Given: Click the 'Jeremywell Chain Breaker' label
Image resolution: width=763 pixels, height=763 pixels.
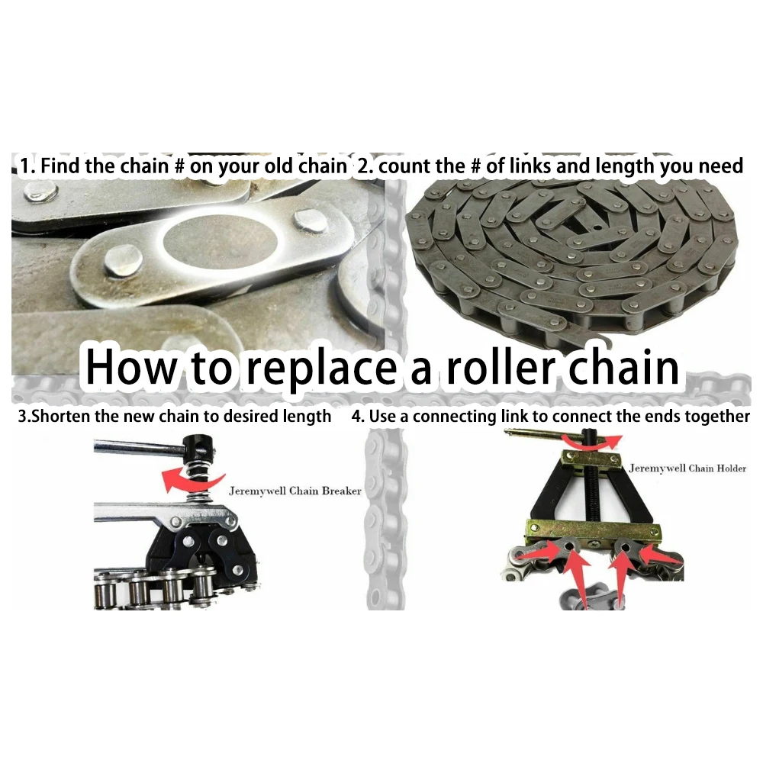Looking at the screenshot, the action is point(295,491).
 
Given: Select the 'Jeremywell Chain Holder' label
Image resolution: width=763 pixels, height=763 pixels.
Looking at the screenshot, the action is point(687,468).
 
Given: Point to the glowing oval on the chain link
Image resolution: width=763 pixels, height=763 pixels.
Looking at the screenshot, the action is point(220,242).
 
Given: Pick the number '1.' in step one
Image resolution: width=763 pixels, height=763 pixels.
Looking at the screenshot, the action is point(27,166).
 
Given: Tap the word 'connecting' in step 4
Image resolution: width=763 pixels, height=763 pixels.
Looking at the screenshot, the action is point(452,417).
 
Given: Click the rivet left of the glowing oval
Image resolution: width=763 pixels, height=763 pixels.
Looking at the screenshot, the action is point(124,260).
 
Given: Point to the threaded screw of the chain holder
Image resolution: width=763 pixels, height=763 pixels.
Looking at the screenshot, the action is point(592,491).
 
